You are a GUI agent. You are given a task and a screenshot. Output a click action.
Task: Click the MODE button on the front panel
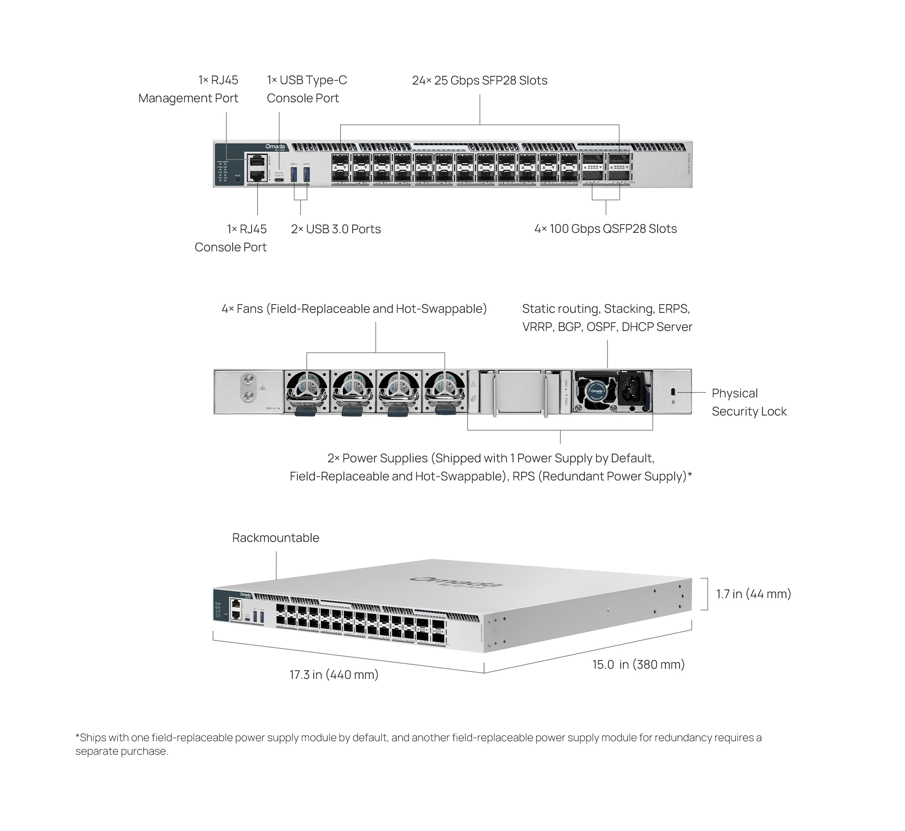[x=238, y=179]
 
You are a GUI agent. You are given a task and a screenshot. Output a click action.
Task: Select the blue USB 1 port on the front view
[x=294, y=174]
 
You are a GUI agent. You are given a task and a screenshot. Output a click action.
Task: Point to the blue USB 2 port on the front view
[x=307, y=174]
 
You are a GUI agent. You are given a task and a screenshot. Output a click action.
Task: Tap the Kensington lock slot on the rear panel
[x=673, y=392]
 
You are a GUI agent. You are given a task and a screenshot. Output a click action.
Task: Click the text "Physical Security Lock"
[x=749, y=402]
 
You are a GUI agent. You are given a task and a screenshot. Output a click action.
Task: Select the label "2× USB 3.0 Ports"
[x=336, y=229]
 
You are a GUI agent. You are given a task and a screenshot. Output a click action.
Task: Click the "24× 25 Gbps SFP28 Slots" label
[x=479, y=80]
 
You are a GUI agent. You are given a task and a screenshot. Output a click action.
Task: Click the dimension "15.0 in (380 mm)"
[x=638, y=664]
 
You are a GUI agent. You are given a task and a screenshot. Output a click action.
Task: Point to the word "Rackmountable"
[x=275, y=537]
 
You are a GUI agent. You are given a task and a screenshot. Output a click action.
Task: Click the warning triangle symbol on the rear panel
[x=473, y=385]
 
